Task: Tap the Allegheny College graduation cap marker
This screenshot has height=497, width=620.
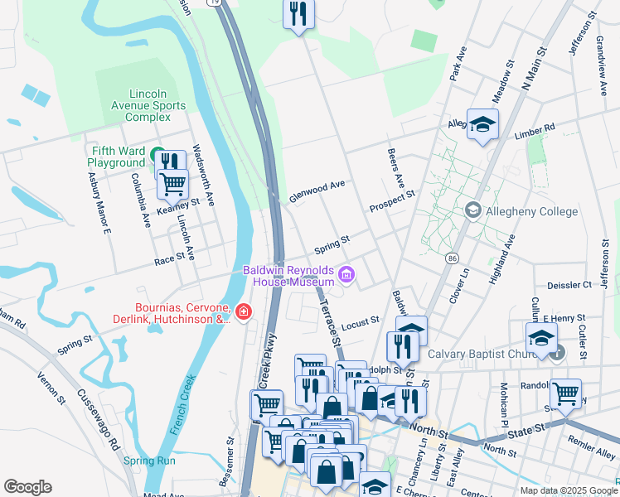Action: tap(473, 210)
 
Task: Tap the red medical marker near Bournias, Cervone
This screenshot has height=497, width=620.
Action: tap(243, 311)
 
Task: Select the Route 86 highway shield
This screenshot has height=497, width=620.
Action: tap(452, 259)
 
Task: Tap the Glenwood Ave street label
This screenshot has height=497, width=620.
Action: tap(316, 192)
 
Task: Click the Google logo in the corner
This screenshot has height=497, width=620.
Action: tap(27, 487)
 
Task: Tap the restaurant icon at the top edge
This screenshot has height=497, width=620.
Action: tap(298, 14)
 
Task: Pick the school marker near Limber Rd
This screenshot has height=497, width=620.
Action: tap(482, 124)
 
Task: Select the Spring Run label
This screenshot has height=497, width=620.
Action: tap(149, 461)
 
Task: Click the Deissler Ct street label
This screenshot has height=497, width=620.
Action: tap(575, 284)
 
